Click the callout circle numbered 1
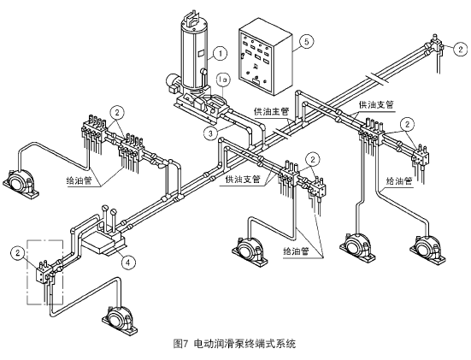pos(221,54)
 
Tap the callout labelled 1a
pos(223,80)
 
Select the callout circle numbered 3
pos(210,133)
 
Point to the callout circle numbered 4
pos(128,263)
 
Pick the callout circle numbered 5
pos(306,41)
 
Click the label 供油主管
pos(272,112)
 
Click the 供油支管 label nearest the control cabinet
pos(376,105)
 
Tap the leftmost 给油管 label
pos(79,181)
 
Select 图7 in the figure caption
pos(181,344)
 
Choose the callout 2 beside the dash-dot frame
pos(18,253)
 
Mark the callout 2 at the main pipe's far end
pos(461,49)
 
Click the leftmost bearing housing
pos(21,184)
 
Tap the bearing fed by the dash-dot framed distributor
pos(121,321)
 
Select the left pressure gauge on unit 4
pos(105,209)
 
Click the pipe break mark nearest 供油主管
pos(282,133)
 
